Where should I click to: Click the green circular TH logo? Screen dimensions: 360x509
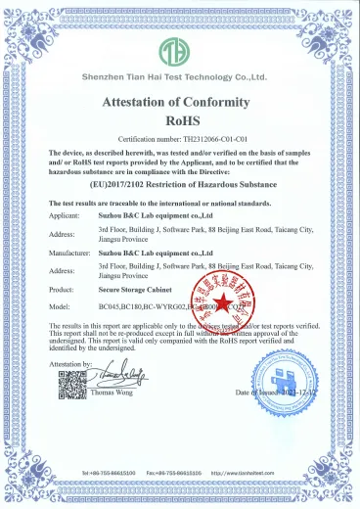click(x=179, y=50)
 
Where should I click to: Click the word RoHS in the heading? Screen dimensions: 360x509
click(x=178, y=119)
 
